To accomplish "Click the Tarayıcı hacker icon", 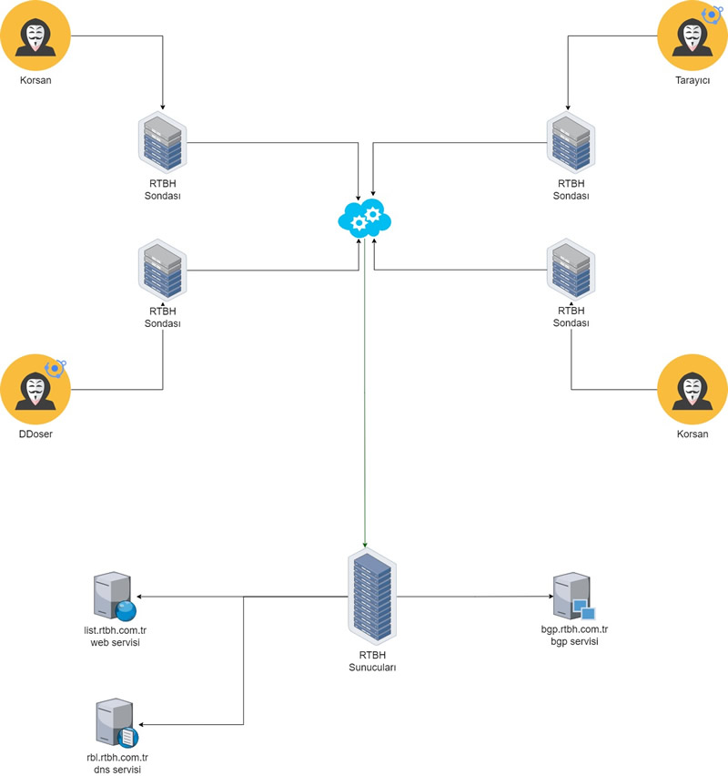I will (691, 36).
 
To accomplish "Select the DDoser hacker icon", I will (35, 390).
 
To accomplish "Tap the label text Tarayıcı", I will (691, 81).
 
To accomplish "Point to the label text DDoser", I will (35, 434).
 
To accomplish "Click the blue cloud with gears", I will (364, 217).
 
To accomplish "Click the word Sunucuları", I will (371, 667).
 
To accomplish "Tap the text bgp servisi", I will (573, 643).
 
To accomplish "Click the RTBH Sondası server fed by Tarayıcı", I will (571, 143).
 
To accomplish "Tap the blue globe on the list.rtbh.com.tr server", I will (126, 609).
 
